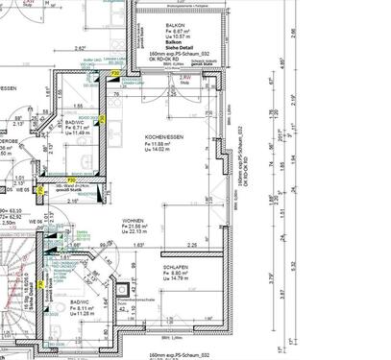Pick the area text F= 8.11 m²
(83, 308)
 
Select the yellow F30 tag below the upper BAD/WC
(71, 180)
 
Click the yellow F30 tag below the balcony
(115, 73)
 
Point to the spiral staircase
(17, 288)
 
